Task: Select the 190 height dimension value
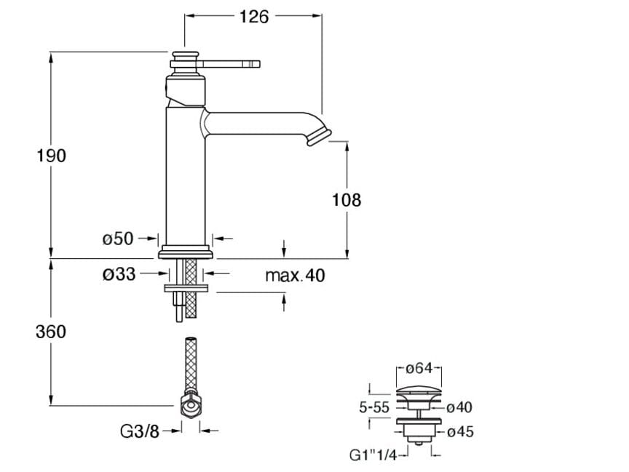click(51, 155)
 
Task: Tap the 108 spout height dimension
click(347, 199)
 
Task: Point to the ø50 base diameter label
click(118, 238)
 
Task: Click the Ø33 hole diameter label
click(119, 274)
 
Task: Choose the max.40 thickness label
click(295, 276)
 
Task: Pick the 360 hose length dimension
click(51, 332)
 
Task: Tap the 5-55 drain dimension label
click(374, 408)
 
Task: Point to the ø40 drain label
click(459, 408)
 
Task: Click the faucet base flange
click(186, 252)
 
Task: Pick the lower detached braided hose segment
click(190, 364)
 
